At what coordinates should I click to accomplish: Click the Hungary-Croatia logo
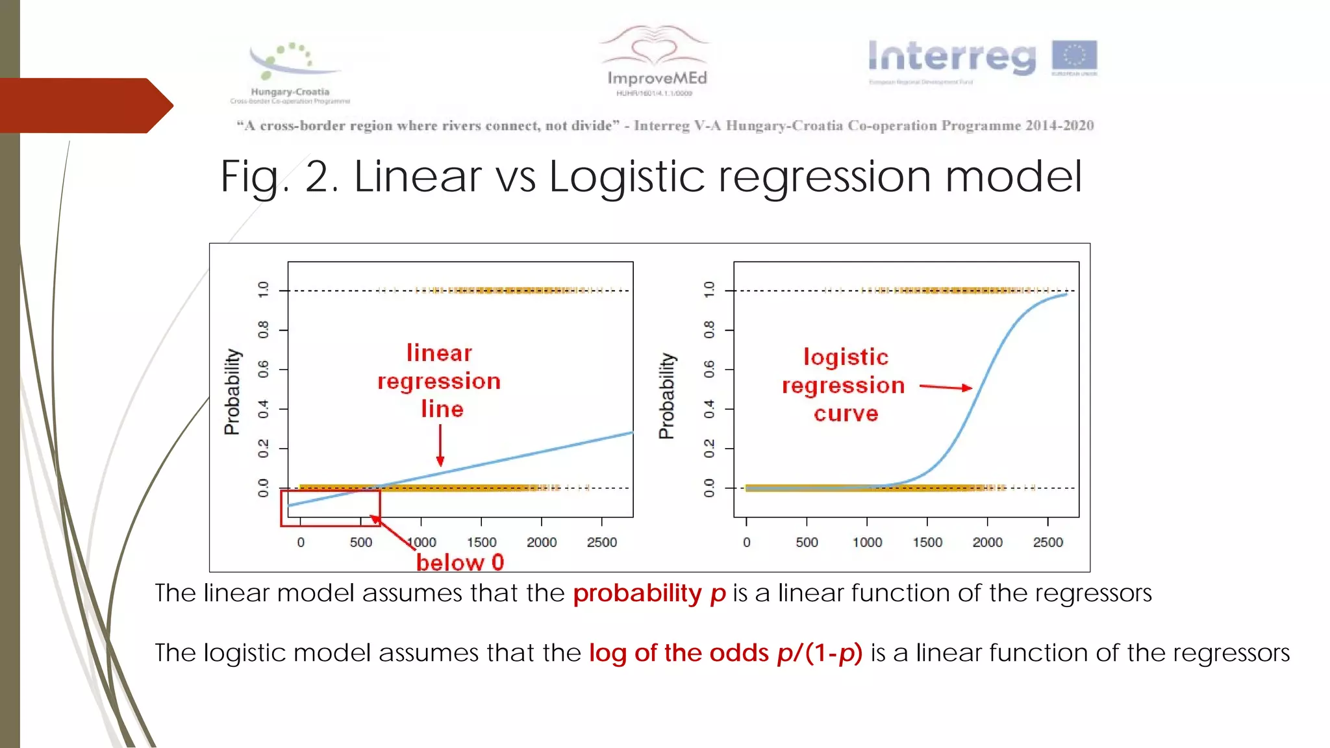[x=290, y=72]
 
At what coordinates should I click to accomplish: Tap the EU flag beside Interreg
[x=1074, y=56]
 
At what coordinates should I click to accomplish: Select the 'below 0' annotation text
[x=460, y=562]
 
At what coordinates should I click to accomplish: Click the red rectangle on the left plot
[x=331, y=508]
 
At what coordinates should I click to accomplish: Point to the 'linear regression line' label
[x=439, y=380]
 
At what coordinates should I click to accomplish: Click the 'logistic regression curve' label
[x=844, y=385]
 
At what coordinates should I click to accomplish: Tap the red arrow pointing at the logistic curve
[x=946, y=387]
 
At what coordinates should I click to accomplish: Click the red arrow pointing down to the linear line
[x=440, y=445]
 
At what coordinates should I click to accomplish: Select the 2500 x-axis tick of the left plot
[x=601, y=542]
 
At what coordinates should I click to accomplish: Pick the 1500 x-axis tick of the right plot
[x=927, y=542]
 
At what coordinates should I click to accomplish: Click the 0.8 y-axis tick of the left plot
[x=263, y=330]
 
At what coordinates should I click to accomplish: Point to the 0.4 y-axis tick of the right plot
[x=709, y=409]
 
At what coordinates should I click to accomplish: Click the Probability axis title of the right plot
[x=667, y=396]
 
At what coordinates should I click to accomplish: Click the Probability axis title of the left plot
[x=232, y=392]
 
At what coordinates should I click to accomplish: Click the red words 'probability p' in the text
[x=649, y=593]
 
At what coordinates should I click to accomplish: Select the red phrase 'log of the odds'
[x=679, y=653]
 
